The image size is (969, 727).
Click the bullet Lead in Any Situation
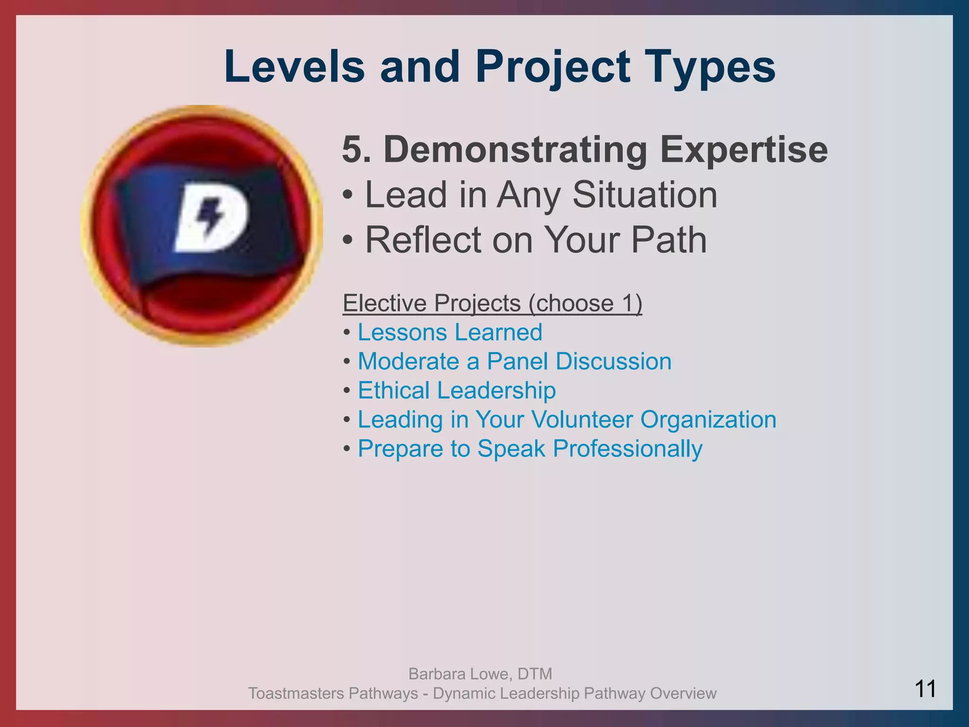pos(540,195)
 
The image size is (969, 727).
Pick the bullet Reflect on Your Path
pos(536,240)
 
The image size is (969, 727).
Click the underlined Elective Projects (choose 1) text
pos(492,303)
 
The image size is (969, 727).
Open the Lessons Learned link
pos(449,332)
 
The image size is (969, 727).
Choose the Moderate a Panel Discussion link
pos(514,362)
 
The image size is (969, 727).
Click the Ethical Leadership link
pos(457,390)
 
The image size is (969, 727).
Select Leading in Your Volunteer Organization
pos(567,420)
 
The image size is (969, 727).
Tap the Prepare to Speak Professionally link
pos(530,449)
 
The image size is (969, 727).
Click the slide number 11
pos(925,689)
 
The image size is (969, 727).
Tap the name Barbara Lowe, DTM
pos(480,674)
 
